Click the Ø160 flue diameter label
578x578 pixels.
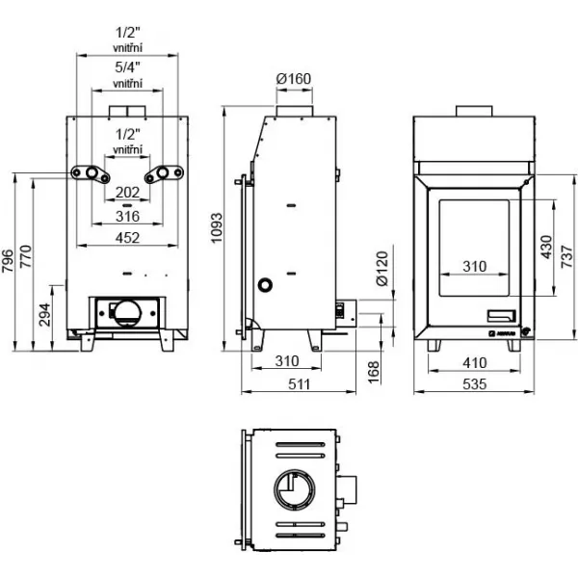tap(294, 79)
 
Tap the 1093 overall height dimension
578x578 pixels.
tap(217, 227)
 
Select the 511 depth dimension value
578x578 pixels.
tap(299, 384)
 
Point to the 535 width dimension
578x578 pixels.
tap(474, 384)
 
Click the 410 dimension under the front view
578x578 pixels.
tap(474, 363)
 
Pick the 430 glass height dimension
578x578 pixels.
tap(547, 248)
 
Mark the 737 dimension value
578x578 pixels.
tap(567, 257)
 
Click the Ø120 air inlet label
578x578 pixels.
tap(382, 269)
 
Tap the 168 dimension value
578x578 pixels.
tap(374, 372)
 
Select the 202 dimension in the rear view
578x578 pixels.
tap(127, 192)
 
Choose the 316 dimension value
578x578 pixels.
tap(127, 216)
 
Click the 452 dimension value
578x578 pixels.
tap(127, 238)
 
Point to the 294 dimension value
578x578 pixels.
tap(45, 315)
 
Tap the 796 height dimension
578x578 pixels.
tap(8, 261)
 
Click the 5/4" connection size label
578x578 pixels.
tap(127, 67)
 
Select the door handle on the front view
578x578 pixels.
tap(502, 316)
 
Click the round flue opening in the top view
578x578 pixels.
tap(295, 489)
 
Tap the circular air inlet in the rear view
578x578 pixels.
tap(127, 314)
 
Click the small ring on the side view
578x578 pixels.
tap(265, 285)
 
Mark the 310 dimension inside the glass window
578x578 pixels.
tap(474, 266)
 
